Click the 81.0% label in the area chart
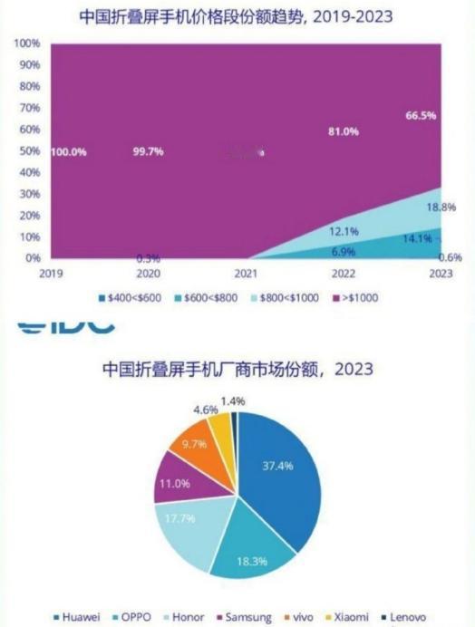(x=344, y=131)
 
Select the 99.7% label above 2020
(x=149, y=152)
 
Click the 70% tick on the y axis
(x=28, y=108)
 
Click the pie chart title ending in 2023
(x=237, y=371)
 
